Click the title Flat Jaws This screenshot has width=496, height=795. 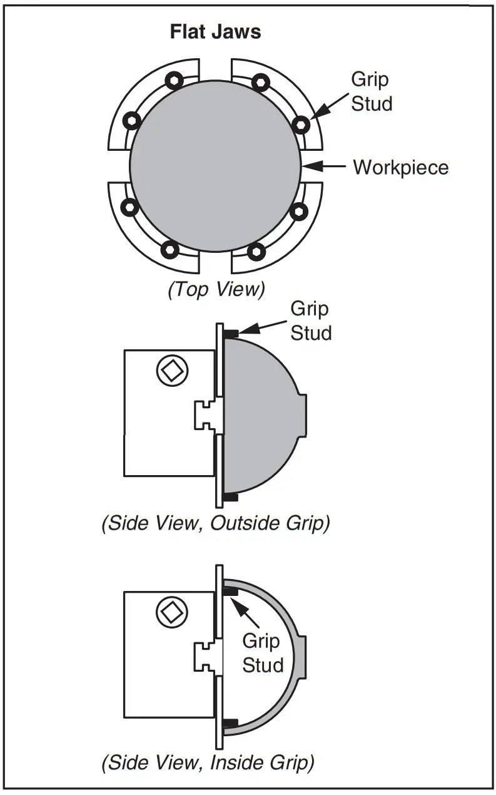(215, 32)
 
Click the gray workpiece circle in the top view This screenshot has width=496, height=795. (215, 166)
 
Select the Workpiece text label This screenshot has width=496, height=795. (400, 168)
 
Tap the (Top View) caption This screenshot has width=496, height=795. (216, 290)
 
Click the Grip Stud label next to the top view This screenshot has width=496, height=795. (372, 91)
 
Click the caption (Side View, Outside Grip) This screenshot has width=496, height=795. (215, 523)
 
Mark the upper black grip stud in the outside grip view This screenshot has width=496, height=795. (231, 333)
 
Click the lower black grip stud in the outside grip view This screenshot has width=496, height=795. (230, 498)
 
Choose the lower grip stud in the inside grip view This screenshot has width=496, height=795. (230, 723)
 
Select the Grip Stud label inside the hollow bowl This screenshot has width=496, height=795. (262, 652)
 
